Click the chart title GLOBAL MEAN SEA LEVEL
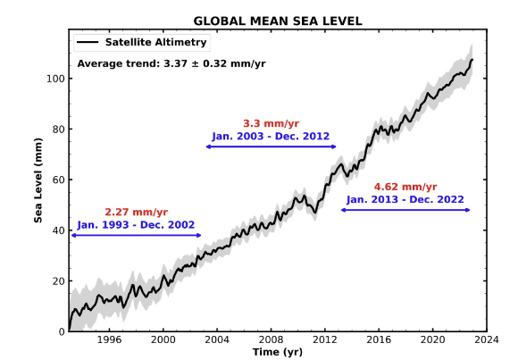pyautogui.click(x=278, y=21)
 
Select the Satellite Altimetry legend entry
pyautogui.click(x=142, y=42)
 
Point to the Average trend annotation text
pyautogui.click(x=171, y=63)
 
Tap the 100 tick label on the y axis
pyautogui.click(x=55, y=79)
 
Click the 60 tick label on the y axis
pyautogui.click(x=58, y=180)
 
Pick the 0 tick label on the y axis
pyautogui.click(x=62, y=331)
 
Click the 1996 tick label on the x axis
pyautogui.click(x=109, y=339)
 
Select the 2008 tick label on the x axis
pyautogui.click(x=271, y=339)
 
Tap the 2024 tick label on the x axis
pyautogui.click(x=487, y=339)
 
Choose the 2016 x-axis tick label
pyautogui.click(x=379, y=339)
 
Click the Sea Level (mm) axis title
pyautogui.click(x=38, y=180)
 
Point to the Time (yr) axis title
pyautogui.click(x=278, y=352)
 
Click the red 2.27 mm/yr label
pyautogui.click(x=136, y=213)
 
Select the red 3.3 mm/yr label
pyautogui.click(x=271, y=123)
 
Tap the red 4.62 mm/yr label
pyautogui.click(x=405, y=187)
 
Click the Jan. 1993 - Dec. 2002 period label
pyautogui.click(x=136, y=225)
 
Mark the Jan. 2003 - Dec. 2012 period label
pyautogui.click(x=271, y=136)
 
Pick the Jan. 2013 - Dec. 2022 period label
pyautogui.click(x=405, y=200)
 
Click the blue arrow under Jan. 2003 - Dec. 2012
pyautogui.click(x=271, y=147)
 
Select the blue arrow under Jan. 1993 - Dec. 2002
pyautogui.click(x=136, y=235)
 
